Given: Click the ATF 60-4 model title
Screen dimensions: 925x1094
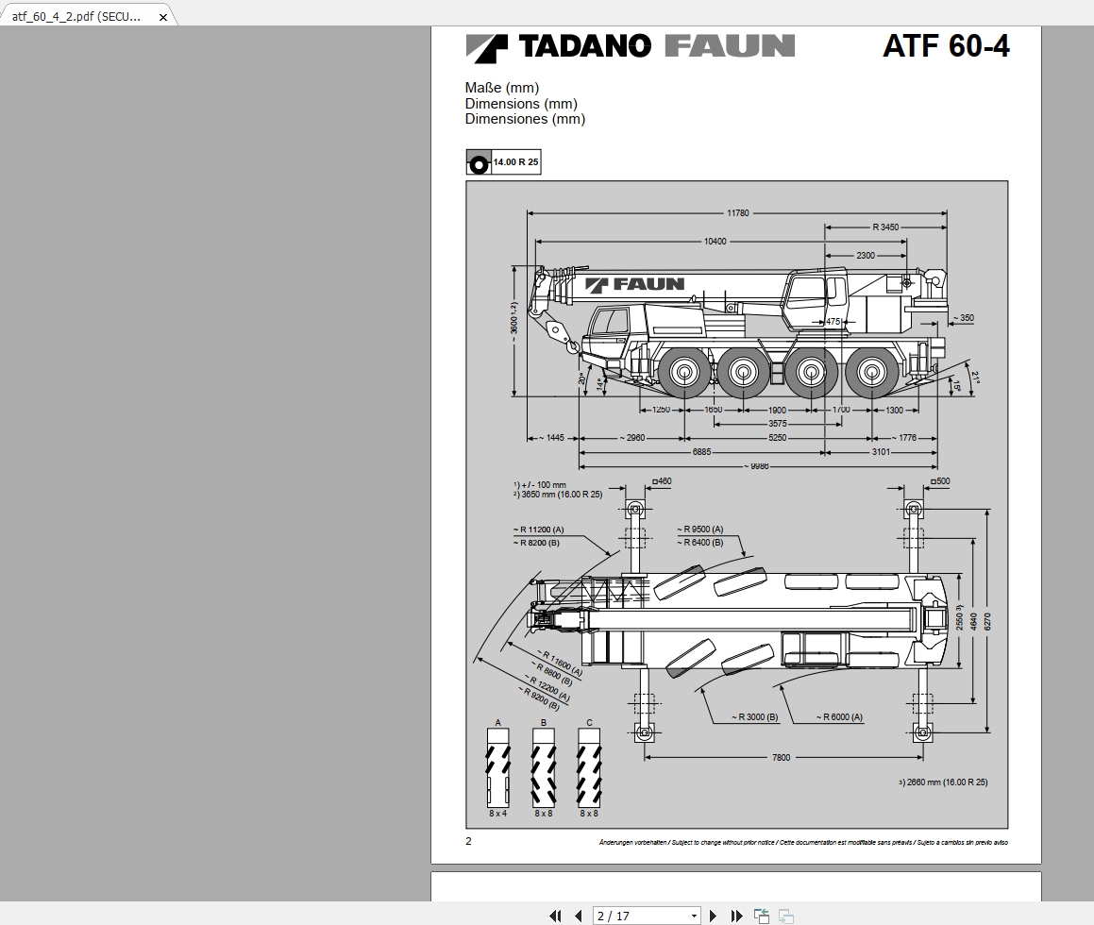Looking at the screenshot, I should tap(945, 46).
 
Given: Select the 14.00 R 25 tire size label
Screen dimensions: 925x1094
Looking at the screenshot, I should tap(515, 162).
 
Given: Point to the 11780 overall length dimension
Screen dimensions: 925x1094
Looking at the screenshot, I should tap(737, 213).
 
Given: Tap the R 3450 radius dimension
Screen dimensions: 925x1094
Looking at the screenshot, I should tap(885, 227).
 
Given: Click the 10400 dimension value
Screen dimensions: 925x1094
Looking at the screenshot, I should tap(715, 242).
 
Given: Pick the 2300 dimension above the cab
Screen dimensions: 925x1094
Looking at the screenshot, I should tap(866, 256).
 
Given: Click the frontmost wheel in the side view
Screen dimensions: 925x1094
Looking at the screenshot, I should tap(684, 373).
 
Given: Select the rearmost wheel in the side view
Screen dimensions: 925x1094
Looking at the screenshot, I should tap(871, 373).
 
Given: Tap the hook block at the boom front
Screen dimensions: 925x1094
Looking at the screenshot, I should tap(573, 347).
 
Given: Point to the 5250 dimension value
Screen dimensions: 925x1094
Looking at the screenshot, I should tap(777, 438).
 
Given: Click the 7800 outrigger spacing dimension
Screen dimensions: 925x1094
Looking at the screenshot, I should tap(781, 757).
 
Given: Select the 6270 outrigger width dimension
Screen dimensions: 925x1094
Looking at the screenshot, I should tap(987, 620).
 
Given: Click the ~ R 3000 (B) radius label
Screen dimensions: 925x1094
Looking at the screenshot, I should tap(754, 717).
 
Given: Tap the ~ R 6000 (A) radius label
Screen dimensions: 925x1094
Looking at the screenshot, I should tap(840, 717).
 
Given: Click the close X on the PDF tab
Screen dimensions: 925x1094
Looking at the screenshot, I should tap(162, 17).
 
